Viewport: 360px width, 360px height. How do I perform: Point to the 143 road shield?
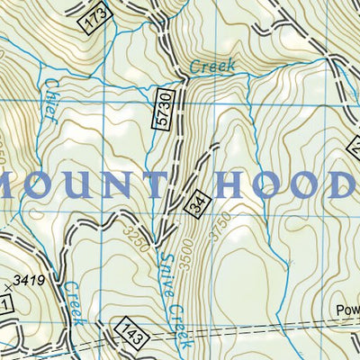[128, 329]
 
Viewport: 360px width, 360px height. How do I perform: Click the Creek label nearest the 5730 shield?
[212, 67]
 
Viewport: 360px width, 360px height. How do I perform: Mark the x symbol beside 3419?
[8, 287]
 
